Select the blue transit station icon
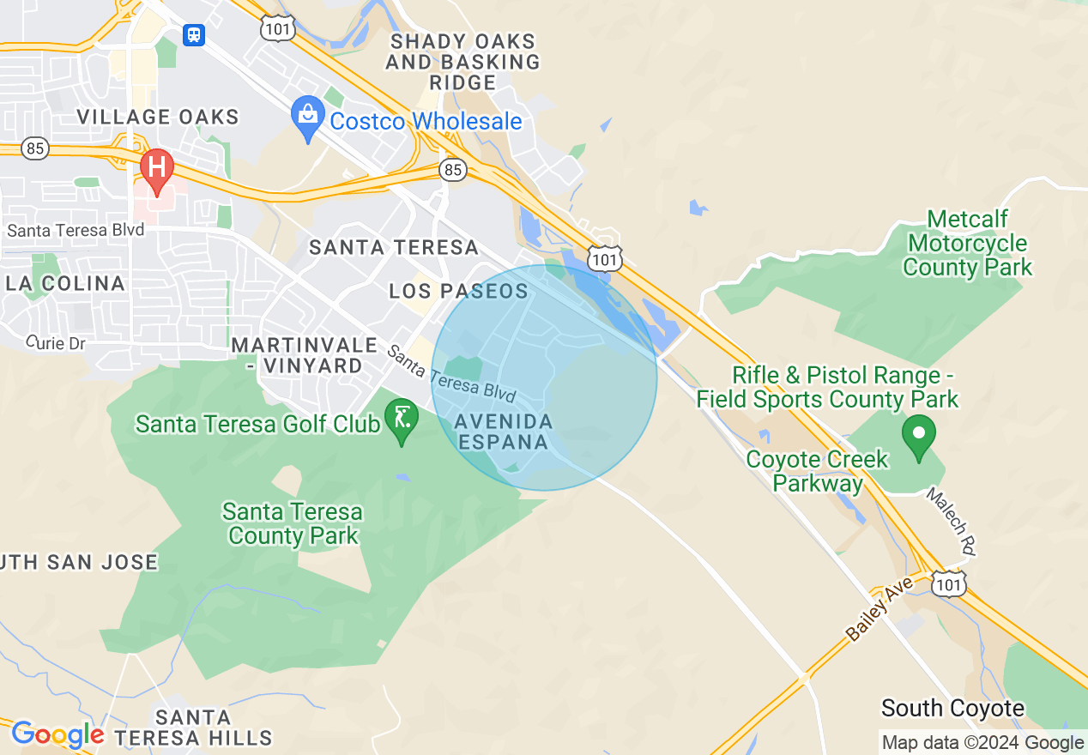[x=194, y=34]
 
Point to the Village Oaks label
[x=158, y=117]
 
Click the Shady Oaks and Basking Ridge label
[x=463, y=62]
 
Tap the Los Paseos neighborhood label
[x=458, y=291]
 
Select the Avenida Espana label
[x=503, y=432]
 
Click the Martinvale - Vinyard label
[x=305, y=355]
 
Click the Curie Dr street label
[x=56, y=342]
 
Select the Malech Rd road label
[x=952, y=522]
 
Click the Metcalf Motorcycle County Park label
[x=967, y=244]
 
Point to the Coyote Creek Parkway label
[x=817, y=471]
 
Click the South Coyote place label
[x=952, y=708]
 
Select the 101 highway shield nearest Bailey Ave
[x=951, y=583]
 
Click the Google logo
[x=57, y=734]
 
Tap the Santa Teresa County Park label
[x=293, y=524]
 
